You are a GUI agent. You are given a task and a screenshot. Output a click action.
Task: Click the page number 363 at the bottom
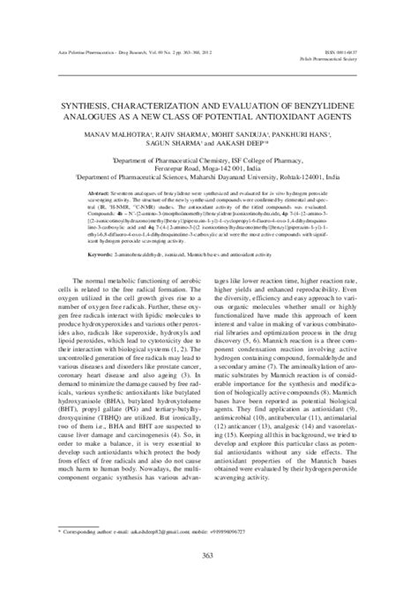coord(209,555)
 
